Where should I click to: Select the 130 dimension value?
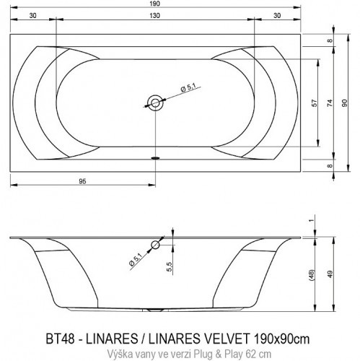point(156,16)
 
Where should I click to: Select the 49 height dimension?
point(330,274)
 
